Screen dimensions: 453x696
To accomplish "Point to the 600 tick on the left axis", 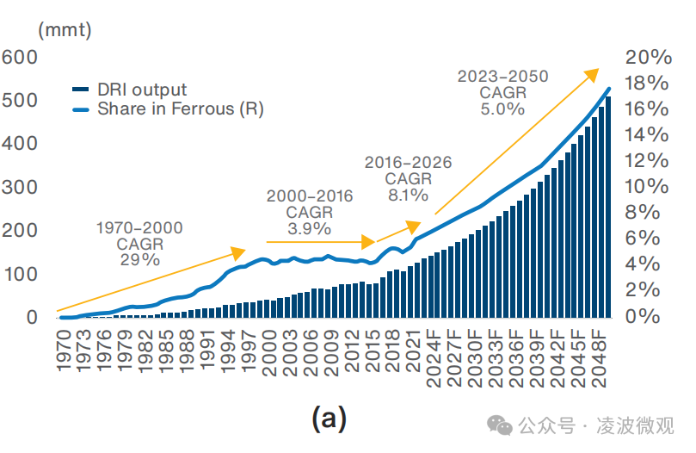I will coord(20,57).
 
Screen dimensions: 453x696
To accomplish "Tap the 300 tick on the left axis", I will coord(20,187).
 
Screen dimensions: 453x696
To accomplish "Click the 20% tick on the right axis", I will coord(648,57).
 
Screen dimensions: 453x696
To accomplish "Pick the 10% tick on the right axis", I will coord(648,187).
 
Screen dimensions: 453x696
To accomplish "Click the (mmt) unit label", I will coord(65,28).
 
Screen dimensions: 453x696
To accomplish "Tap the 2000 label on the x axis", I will coord(270,348).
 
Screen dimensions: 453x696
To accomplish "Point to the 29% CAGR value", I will coord(139,259).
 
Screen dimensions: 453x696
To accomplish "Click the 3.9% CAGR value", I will coord(309,228).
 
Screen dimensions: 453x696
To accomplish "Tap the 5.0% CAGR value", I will coord(502,109).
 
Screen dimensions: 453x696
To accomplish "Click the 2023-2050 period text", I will coord(502,77).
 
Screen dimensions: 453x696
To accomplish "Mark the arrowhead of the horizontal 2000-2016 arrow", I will coord(370,242).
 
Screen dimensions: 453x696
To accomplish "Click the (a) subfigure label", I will coord(328,419).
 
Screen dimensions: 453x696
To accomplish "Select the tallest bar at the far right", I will coord(608,207).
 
